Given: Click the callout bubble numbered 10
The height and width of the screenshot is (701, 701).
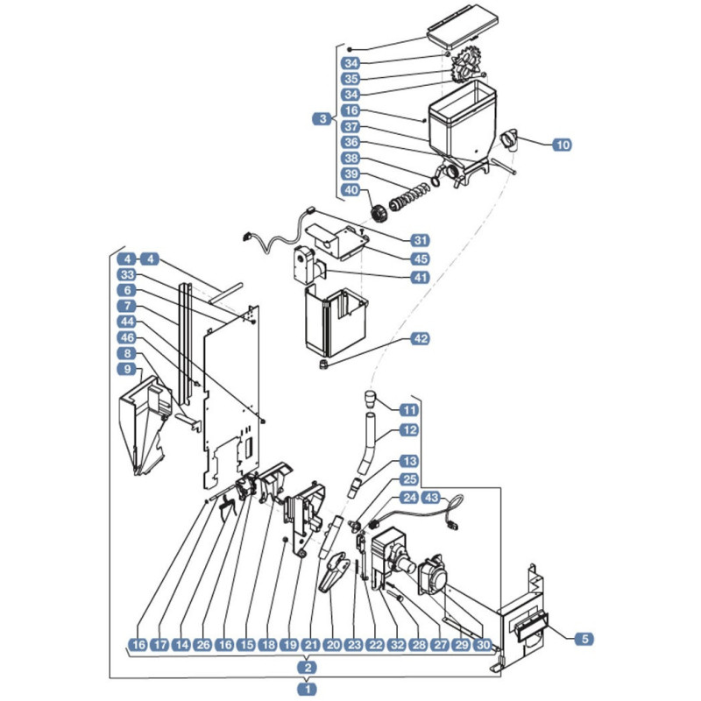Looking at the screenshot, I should [x=562, y=145].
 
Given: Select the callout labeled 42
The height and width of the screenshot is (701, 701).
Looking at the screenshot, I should [x=421, y=338].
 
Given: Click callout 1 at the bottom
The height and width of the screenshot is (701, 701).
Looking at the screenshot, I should [x=308, y=690].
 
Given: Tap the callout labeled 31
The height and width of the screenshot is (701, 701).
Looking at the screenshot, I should [x=421, y=240].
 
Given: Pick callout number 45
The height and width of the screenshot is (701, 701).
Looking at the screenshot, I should [x=421, y=258].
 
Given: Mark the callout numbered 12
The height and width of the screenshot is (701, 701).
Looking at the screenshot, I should [x=409, y=429].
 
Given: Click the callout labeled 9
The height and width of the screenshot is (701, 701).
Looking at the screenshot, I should [x=128, y=369].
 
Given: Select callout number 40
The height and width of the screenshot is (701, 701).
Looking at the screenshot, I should [x=350, y=191].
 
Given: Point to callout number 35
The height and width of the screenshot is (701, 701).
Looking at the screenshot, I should [x=350, y=77].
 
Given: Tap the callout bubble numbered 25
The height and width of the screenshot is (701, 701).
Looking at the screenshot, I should [x=409, y=479].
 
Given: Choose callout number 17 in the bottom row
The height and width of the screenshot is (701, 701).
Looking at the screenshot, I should [x=159, y=645].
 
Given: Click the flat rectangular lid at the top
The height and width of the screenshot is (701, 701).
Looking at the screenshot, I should [x=463, y=30].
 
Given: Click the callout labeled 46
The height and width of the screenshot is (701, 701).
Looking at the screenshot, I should [x=128, y=337].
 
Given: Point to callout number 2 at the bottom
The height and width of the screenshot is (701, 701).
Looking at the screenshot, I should [x=308, y=669].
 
